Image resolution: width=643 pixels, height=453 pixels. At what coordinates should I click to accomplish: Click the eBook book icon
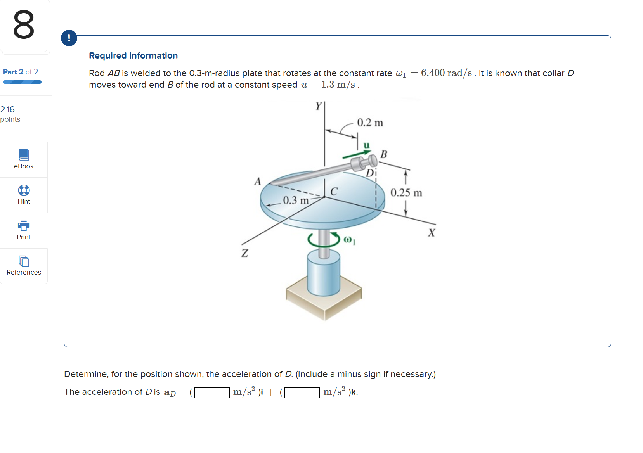coord(24,155)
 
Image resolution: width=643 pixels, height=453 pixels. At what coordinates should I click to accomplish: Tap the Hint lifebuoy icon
coord(24,190)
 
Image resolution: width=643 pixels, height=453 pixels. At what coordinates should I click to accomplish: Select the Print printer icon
coord(24,225)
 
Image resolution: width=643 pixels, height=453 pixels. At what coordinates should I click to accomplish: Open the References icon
coord(24,261)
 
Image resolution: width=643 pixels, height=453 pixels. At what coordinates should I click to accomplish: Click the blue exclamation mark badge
coord(69,38)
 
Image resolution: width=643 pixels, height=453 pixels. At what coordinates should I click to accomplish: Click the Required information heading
coord(133,55)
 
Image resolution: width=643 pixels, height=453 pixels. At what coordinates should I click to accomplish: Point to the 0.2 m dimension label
coord(370,123)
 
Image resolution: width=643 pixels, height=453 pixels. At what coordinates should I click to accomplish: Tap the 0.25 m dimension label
coord(406,193)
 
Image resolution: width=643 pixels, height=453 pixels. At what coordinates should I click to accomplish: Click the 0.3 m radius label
coord(296,201)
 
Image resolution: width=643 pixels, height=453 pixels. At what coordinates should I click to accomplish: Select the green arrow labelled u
coord(356,154)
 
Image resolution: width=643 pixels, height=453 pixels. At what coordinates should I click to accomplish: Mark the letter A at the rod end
coord(257,182)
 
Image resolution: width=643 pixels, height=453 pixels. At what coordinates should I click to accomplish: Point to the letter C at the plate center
coord(334,191)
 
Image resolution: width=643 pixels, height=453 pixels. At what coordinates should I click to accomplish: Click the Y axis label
coord(319,106)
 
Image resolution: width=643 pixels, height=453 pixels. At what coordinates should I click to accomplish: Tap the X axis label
coord(432,233)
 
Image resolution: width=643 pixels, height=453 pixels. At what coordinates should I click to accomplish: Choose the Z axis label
coord(244,253)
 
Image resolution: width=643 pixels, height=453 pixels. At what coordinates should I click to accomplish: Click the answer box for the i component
coord(212,393)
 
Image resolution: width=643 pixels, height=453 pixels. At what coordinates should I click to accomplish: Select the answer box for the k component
coord(302,393)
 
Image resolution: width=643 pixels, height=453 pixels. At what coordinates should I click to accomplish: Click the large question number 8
coord(24,25)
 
